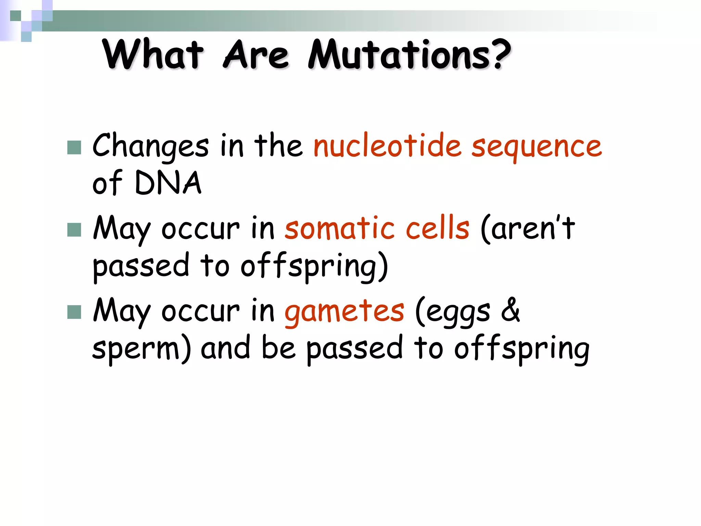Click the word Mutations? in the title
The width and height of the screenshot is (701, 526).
[x=409, y=55]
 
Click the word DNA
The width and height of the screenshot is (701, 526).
[x=168, y=183]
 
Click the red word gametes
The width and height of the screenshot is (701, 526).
[x=344, y=312]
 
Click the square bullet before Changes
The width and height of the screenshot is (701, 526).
[x=74, y=148]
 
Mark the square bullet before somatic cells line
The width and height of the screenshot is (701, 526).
[x=74, y=230]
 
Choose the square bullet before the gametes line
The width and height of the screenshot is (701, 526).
[x=74, y=312]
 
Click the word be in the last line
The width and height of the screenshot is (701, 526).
[x=278, y=348]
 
